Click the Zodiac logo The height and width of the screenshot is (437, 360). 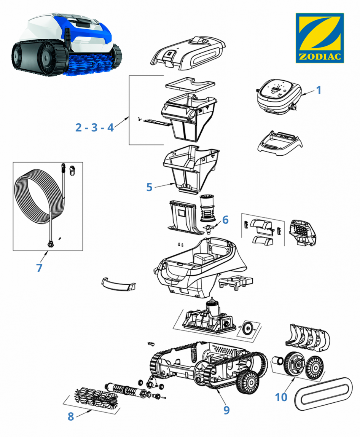pos(320,38)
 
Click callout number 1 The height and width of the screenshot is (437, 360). pos(319,90)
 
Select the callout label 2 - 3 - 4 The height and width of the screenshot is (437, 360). pos(94,127)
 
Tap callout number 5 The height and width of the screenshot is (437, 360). pos(149,187)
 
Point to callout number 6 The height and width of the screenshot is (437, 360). pos(225,220)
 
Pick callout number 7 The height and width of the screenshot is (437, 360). pos(39,268)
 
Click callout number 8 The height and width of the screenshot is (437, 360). pos(70,416)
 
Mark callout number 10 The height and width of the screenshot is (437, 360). pos(281,397)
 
